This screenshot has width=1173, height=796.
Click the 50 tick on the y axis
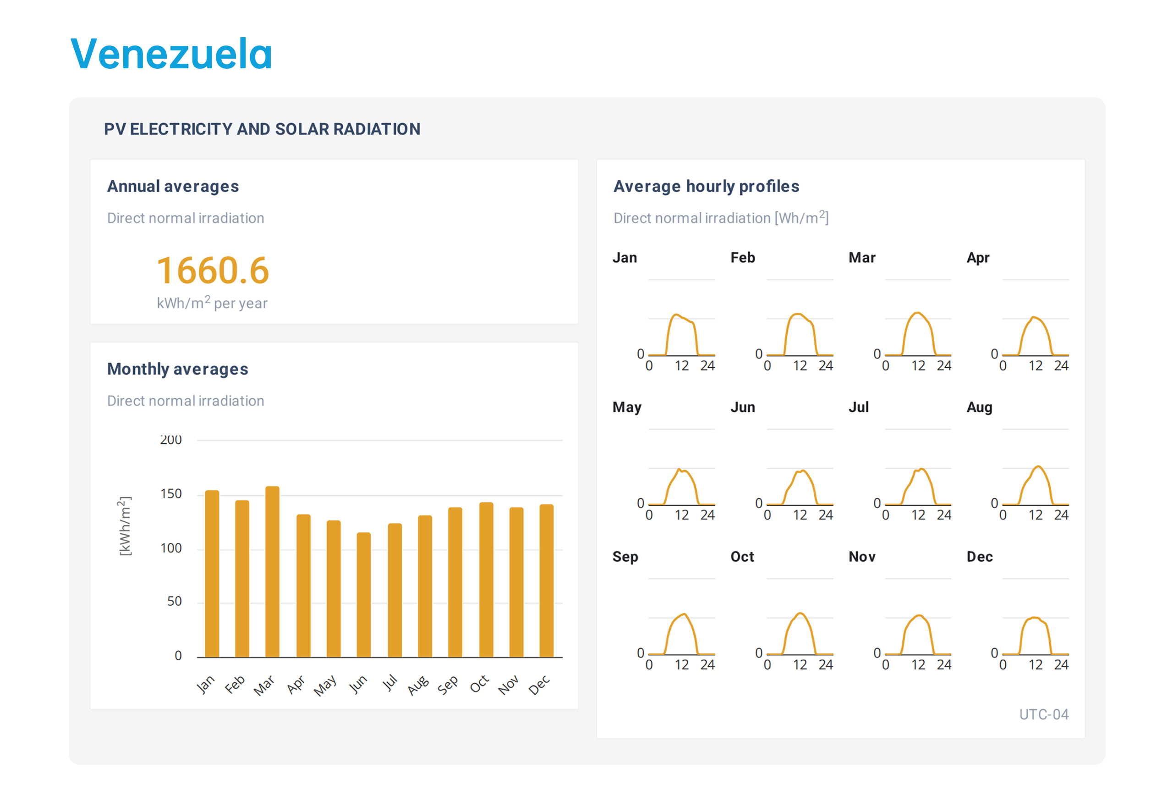coord(174,601)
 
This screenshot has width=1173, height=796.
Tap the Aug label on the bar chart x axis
coord(418,685)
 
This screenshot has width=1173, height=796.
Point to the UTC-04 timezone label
coord(1043,714)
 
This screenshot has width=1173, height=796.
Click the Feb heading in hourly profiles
coord(742,258)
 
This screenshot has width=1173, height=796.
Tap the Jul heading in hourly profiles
coord(858,407)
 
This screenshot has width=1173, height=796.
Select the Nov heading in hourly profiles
coord(861,557)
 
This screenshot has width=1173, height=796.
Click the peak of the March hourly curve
coord(918,313)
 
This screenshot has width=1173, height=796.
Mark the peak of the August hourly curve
coord(1038,466)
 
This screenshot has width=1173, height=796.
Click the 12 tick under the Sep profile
coord(681,665)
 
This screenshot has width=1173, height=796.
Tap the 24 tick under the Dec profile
coord(1061,665)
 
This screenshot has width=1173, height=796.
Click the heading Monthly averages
coord(178,369)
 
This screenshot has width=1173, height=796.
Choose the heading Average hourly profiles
coord(706,186)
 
